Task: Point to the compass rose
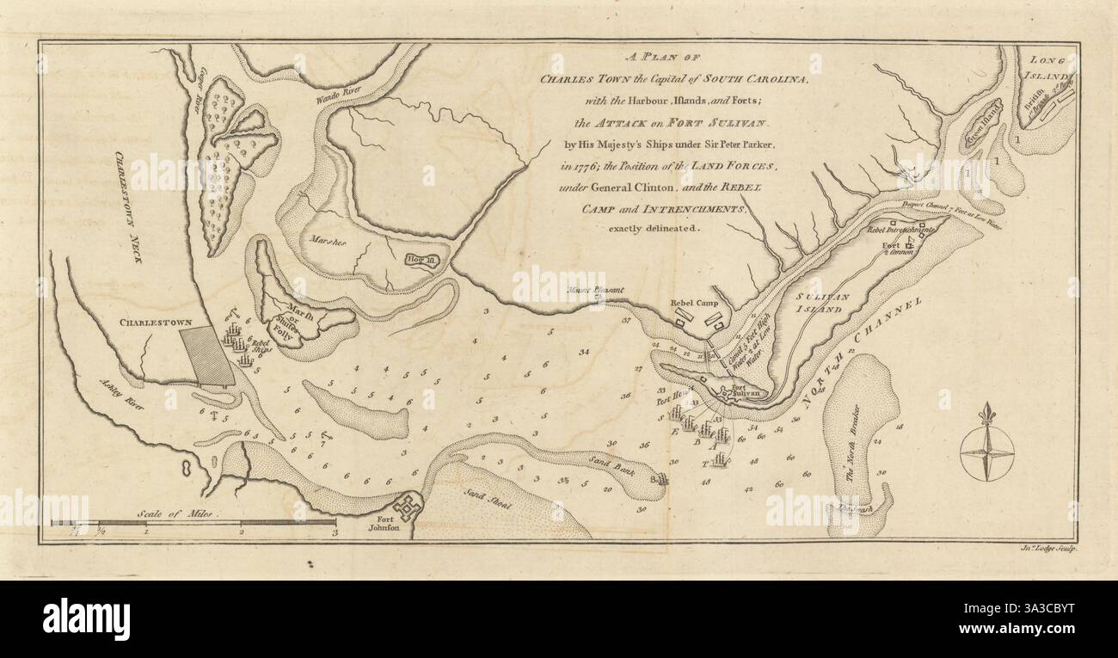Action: pos(986,449)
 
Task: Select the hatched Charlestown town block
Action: pos(207,356)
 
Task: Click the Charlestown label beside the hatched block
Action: pos(150,324)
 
